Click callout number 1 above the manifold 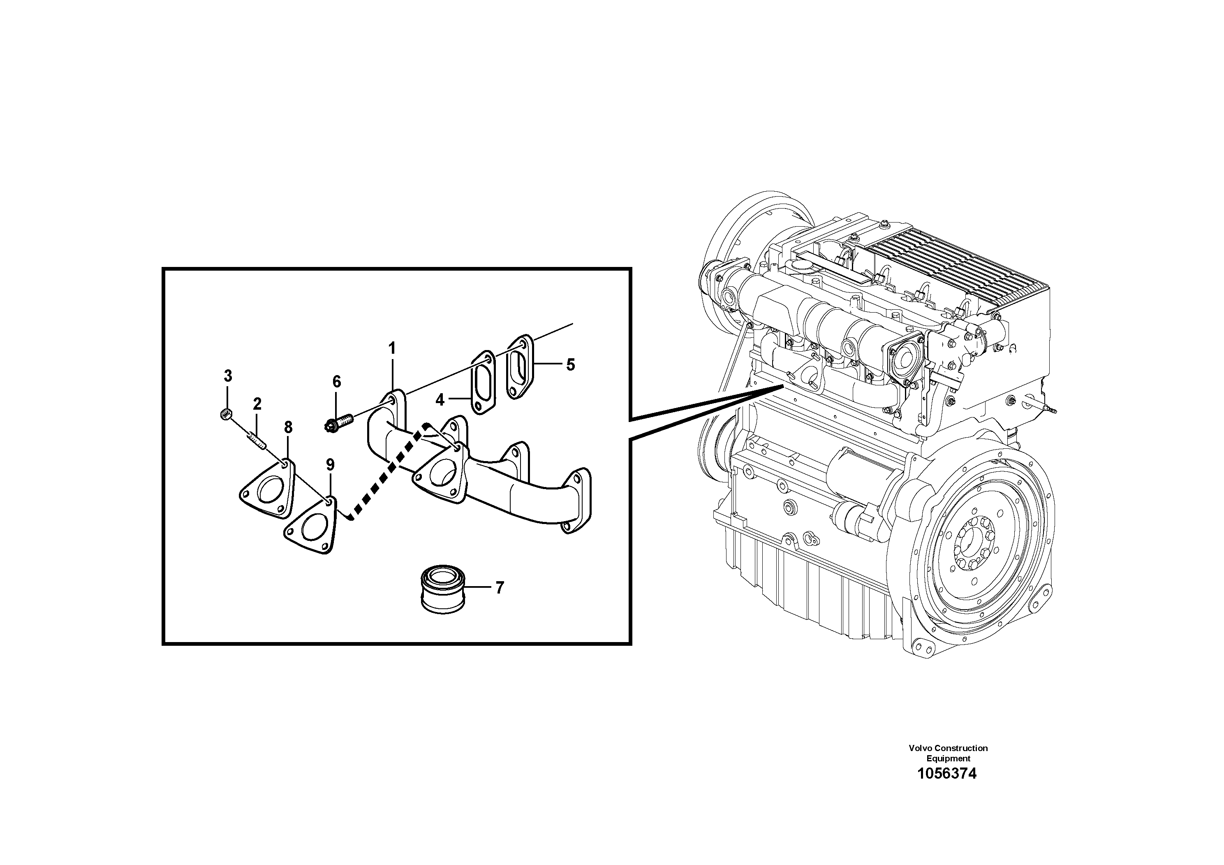392,349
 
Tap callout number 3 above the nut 228,376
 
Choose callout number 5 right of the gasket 570,365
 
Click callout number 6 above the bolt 336,381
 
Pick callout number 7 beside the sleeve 499,588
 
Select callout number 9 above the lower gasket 330,464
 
